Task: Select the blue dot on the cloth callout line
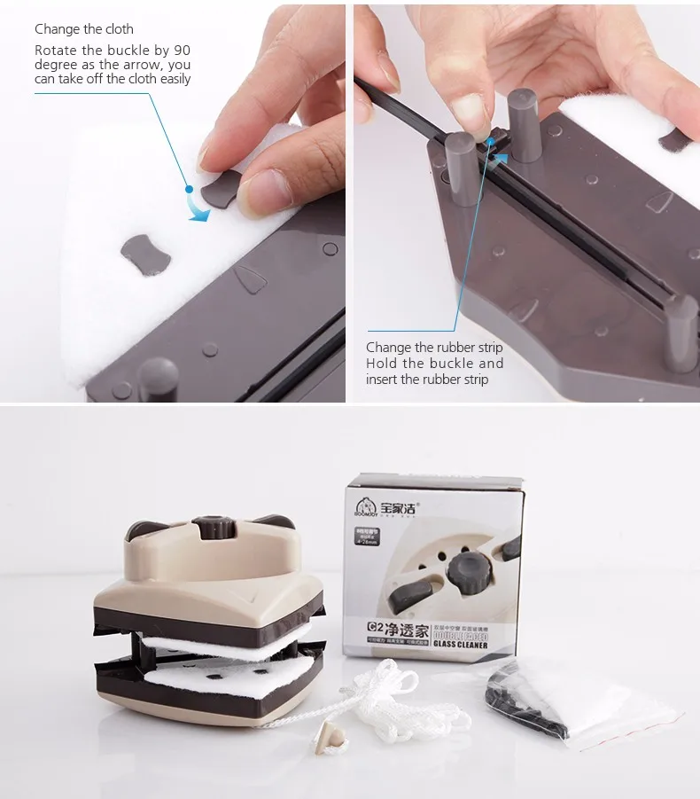point(189,188)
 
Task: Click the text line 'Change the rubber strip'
point(434,348)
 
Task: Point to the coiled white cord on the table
point(383,691)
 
